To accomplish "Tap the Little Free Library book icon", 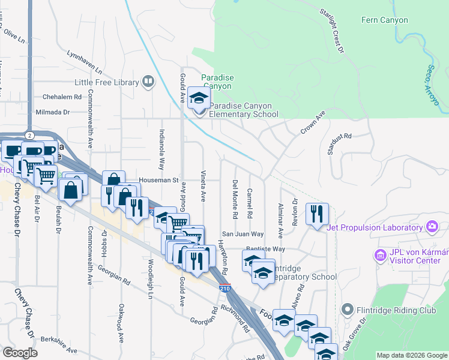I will coord(148,82).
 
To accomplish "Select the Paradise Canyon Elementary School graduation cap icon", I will coord(199,98).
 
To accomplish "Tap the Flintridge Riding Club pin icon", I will coord(346,310).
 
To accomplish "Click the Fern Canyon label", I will coord(384,20).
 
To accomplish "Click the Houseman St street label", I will coord(158,179).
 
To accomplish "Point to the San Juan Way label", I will coord(243,234).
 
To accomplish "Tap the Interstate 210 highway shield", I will coord(224,289).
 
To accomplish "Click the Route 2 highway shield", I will coord(29,135).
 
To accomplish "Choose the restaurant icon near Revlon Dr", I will coord(316,213).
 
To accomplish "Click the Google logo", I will coord(20,352).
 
